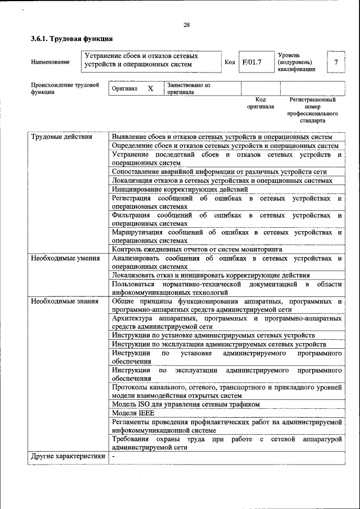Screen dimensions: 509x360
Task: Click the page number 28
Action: [x=186, y=25]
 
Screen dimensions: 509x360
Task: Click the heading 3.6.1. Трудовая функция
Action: [x=71, y=39]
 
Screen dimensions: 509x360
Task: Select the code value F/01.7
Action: [x=251, y=62]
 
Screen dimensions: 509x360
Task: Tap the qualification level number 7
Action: [x=336, y=62]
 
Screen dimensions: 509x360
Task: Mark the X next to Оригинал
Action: [x=150, y=89]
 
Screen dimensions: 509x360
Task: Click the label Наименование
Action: [x=50, y=62]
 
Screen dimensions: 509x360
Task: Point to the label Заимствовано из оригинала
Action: [x=188, y=89]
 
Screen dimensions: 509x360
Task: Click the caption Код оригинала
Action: [x=260, y=103]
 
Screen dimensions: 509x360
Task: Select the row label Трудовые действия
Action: [x=61, y=137]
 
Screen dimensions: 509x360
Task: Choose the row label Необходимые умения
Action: [x=65, y=259]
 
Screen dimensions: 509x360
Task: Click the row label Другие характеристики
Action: [x=68, y=457]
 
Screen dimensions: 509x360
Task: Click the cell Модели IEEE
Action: [x=133, y=413]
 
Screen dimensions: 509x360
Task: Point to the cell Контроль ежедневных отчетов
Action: [x=197, y=249]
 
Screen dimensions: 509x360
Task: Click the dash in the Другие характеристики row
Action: [x=113, y=457]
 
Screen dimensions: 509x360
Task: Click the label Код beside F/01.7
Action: [x=229, y=62]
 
